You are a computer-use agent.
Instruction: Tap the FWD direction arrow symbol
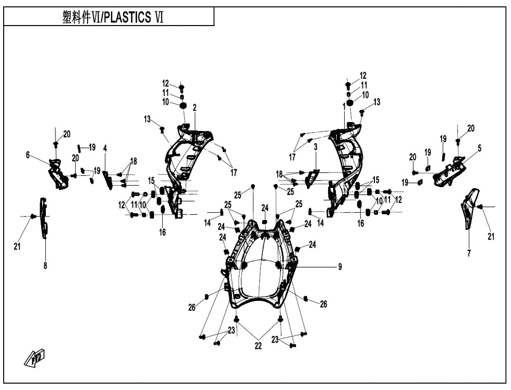34,358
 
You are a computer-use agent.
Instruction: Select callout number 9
340,267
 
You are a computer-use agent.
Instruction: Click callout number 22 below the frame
258,346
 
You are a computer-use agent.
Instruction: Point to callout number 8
45,266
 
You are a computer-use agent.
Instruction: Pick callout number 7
469,253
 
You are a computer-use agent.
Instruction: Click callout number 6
28,155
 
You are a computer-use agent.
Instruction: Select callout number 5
479,148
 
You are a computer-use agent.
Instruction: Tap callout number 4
105,149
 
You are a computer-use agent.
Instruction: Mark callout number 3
315,147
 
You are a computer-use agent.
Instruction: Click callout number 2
194,108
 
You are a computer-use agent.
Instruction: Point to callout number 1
344,106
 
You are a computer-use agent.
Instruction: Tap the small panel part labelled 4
107,180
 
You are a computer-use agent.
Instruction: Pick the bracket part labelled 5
449,172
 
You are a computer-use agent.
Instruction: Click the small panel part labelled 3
312,178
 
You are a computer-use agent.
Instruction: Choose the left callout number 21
17,247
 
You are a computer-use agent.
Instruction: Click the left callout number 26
192,307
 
